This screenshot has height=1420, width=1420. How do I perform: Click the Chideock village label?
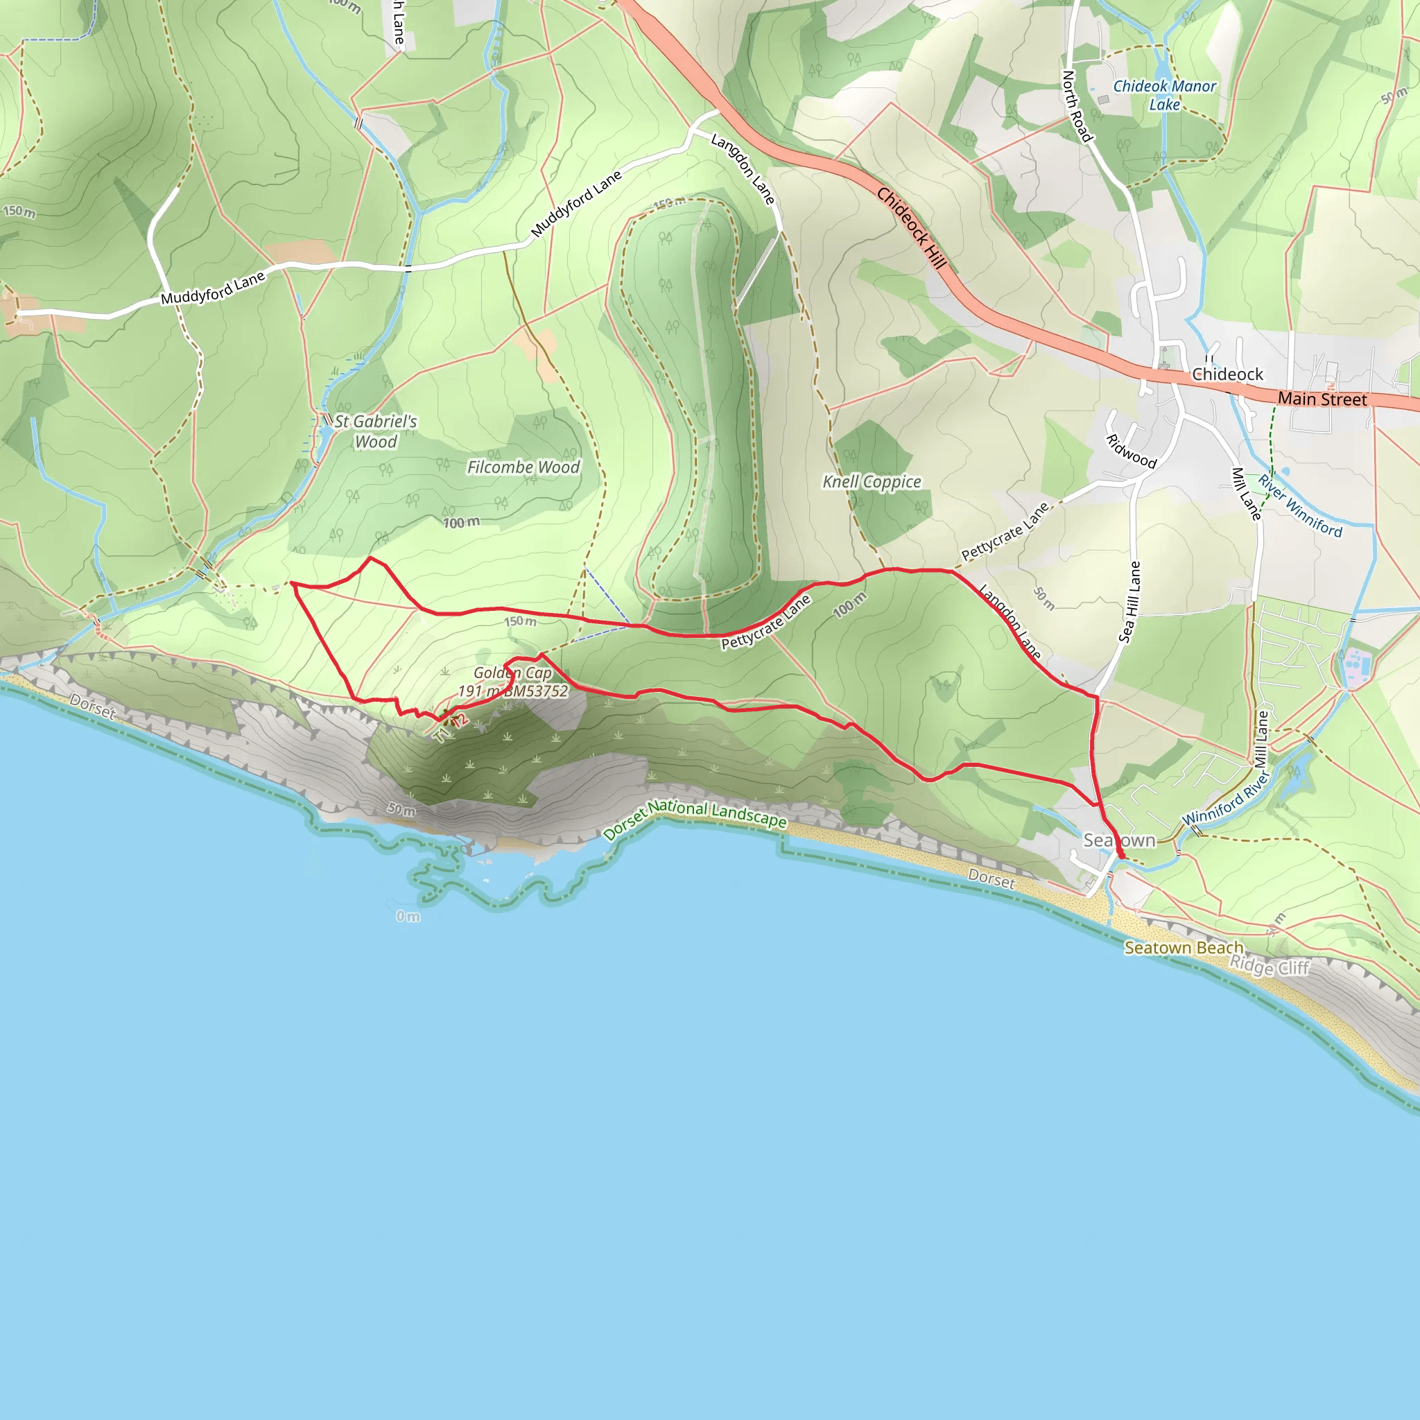tap(1227, 375)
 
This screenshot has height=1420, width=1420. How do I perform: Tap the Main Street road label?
tap(1322, 399)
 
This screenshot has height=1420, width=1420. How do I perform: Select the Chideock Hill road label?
tap(910, 229)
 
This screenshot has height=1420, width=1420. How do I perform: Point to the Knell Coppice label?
tap(872, 482)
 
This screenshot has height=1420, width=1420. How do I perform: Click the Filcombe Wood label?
tap(523, 467)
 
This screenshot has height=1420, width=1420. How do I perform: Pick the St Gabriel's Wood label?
tap(376, 431)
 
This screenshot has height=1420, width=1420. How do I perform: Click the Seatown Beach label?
tap(1184, 948)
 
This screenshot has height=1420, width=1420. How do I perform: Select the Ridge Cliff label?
tap(1270, 967)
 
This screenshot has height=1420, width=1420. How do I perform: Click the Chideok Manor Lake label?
tap(1164, 96)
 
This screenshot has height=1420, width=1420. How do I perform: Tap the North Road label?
tap(1077, 106)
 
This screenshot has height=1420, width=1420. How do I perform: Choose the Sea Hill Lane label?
tap(1129, 602)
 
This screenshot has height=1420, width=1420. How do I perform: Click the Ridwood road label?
tap(1131, 451)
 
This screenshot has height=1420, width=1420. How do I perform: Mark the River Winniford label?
tap(1299, 505)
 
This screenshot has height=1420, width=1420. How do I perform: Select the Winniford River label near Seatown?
tap(1226, 798)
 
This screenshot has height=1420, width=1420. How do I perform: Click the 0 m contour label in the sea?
tap(408, 917)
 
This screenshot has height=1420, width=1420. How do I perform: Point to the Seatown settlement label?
tap(1118, 840)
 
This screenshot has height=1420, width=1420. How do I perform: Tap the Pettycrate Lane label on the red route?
tap(766, 622)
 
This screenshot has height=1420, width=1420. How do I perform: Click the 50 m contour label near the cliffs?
tap(401, 809)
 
